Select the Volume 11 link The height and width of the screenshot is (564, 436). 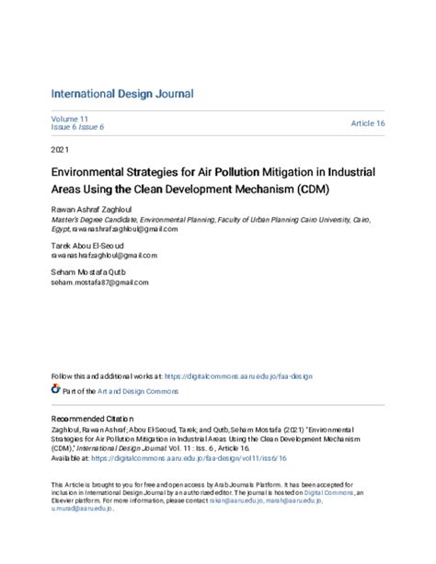[x=64, y=119]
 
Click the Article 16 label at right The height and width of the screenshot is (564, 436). [x=368, y=123]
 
